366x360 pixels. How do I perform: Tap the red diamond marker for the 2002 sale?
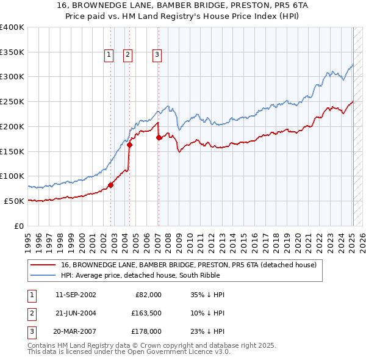(111, 185)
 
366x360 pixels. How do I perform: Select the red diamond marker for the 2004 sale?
(130, 145)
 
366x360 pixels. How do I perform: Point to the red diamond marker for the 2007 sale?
(159, 137)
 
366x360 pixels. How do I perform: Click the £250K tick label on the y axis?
(12, 101)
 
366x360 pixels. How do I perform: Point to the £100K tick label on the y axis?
(12, 176)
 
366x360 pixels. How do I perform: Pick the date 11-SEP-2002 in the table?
(76, 295)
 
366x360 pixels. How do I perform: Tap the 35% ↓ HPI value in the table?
(207, 295)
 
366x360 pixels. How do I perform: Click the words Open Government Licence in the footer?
(176, 352)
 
